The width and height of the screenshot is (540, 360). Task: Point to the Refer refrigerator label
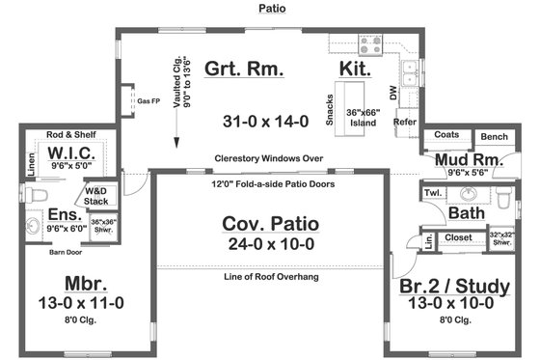point(404,123)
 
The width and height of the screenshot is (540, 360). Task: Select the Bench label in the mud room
point(494,137)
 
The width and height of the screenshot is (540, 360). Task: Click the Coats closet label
point(445,135)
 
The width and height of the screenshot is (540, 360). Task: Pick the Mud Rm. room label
point(466,159)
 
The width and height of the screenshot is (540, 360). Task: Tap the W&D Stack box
point(96,196)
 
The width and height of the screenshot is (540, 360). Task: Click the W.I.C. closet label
point(69,154)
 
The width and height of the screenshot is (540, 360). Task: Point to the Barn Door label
point(66,253)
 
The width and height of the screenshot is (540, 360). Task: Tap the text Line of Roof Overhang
point(270,278)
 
